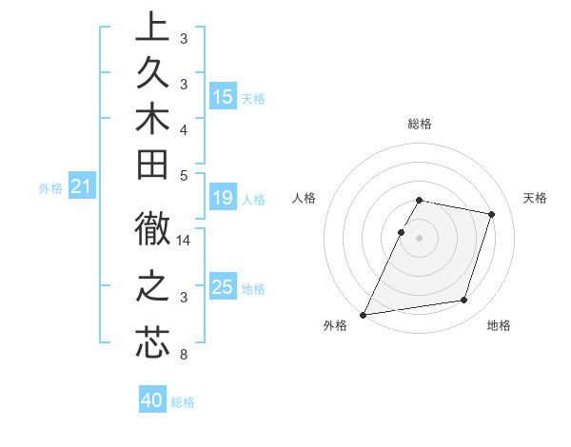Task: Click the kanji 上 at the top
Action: click(x=152, y=29)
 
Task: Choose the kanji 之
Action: click(x=152, y=287)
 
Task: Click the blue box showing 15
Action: click(x=223, y=97)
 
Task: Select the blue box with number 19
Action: click(x=223, y=198)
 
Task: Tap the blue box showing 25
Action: click(x=223, y=287)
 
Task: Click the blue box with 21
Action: click(x=82, y=187)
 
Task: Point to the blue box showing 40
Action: click(x=151, y=400)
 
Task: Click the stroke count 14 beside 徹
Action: click(x=184, y=242)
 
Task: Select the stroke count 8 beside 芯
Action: click(x=183, y=356)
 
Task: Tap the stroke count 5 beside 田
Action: click(x=183, y=175)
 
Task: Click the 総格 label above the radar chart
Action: click(x=420, y=125)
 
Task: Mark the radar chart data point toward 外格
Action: click(x=364, y=314)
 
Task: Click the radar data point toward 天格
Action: click(x=491, y=214)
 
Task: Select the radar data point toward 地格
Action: click(x=464, y=301)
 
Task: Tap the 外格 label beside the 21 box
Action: click(x=50, y=188)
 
